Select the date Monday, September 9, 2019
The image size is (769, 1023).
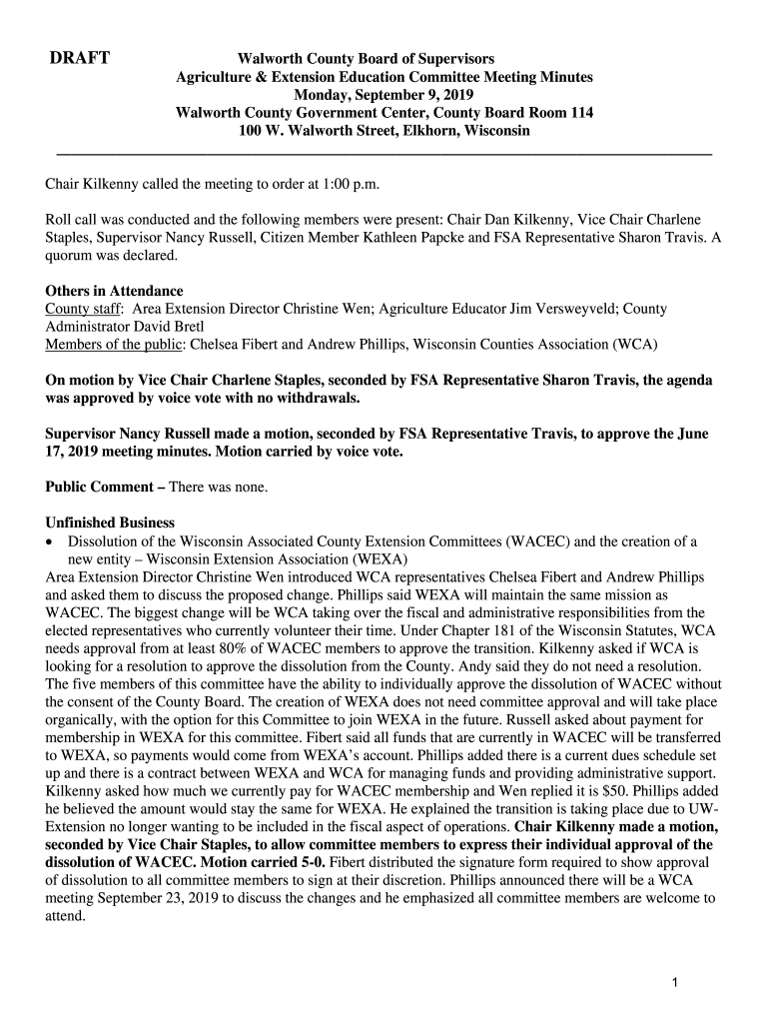point(384,95)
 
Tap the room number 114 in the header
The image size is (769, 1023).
point(580,113)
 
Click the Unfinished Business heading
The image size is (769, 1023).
point(111,522)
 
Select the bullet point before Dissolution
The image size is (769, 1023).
point(52,541)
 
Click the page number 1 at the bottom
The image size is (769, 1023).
point(676,984)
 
